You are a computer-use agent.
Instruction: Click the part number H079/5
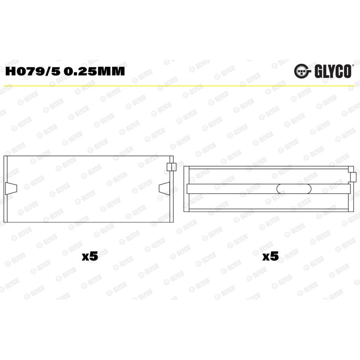point(33,71)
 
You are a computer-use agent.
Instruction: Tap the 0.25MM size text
point(94,71)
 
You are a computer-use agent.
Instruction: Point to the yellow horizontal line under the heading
point(180,86)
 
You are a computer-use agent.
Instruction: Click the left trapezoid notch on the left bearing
point(11,189)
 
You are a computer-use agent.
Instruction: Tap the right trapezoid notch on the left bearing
point(165,188)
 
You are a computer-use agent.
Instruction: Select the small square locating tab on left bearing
point(171,167)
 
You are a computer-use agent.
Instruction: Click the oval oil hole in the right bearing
point(294,189)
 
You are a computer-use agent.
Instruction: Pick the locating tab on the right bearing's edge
point(354,177)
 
